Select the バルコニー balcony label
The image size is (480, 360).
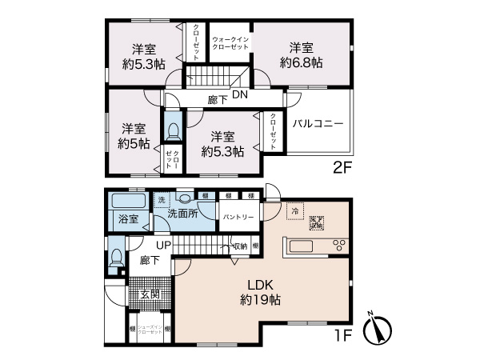[x=318, y=124]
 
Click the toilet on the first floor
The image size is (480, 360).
[x=116, y=258]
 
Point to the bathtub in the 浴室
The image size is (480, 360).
[x=126, y=201]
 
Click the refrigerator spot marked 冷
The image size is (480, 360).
[x=295, y=212]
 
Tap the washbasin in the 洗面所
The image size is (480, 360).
[x=186, y=200]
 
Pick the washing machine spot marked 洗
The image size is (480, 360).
[x=161, y=199]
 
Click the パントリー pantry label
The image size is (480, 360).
[x=238, y=217]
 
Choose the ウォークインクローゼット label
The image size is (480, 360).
[x=230, y=42]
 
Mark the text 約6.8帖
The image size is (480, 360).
[x=302, y=62]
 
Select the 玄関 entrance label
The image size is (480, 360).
[x=150, y=294]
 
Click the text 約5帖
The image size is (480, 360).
[x=133, y=144]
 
